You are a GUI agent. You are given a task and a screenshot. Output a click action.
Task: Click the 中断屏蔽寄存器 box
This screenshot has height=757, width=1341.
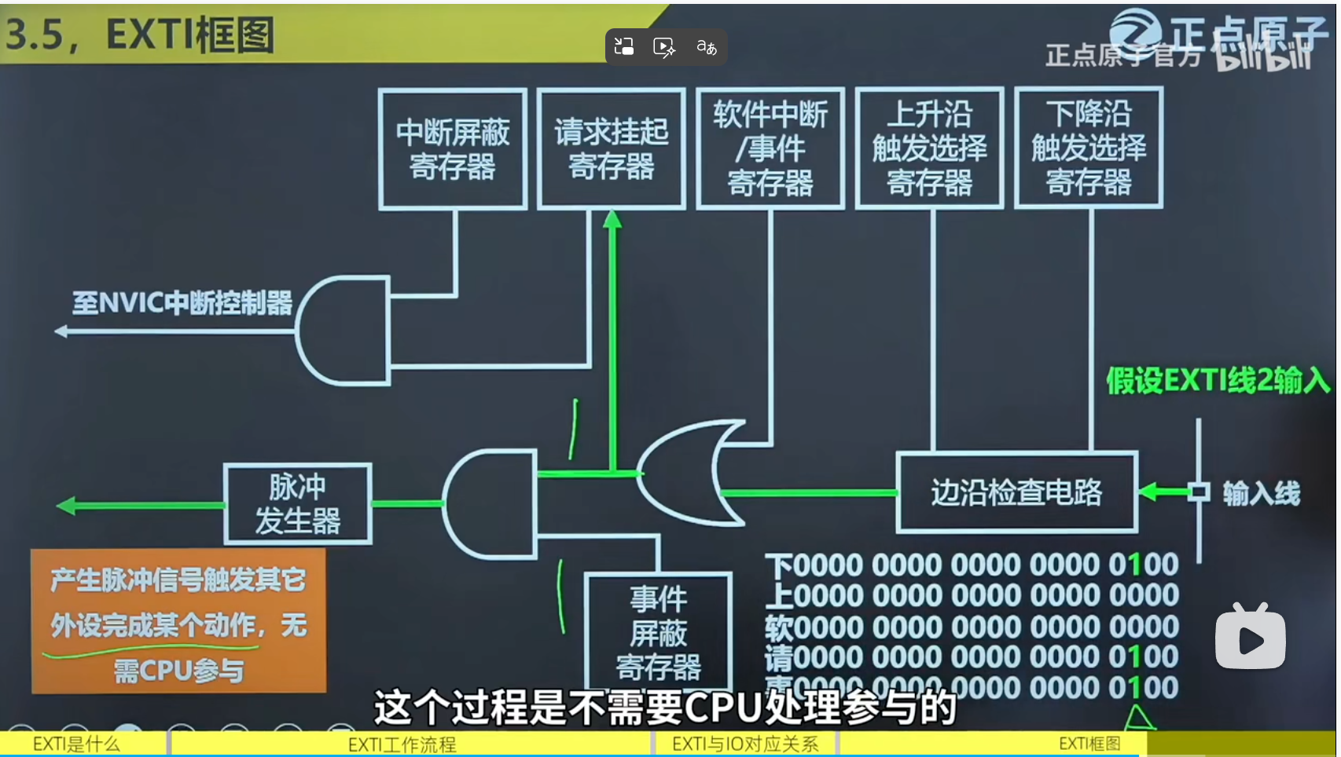pos(453,148)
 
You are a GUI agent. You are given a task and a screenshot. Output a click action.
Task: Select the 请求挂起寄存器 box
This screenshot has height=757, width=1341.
pos(611,148)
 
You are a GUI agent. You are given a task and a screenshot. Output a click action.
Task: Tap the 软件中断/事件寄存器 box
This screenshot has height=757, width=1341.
pos(770,148)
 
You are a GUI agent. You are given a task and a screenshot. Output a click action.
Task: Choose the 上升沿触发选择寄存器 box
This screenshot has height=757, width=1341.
pos(929,148)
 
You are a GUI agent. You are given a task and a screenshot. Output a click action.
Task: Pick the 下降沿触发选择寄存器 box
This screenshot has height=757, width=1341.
pos(1089,148)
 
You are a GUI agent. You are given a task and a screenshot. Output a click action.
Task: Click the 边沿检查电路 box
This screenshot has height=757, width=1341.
pos(1016,492)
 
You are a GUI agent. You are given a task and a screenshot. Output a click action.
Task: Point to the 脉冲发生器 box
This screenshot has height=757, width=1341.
pos(297,504)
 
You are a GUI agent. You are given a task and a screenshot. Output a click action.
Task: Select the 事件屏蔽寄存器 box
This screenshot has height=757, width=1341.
pos(659,633)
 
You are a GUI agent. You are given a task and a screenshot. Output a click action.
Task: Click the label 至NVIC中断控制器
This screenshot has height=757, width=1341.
pos(182,303)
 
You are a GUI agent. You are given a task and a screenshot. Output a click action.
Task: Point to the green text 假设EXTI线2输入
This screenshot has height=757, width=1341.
pos(1218,381)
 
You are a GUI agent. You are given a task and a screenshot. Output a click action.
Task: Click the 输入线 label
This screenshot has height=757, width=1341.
pos(1261,494)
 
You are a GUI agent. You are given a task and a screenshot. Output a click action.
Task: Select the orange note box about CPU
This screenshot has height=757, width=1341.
pos(178,621)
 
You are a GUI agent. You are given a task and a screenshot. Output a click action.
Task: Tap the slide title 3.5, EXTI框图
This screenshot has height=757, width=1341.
pos(140,35)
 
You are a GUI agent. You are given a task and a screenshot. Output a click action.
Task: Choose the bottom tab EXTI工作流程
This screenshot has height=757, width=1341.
pos(402,744)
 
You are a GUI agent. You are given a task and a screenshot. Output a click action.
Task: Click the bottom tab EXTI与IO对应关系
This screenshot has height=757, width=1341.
pos(744,744)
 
